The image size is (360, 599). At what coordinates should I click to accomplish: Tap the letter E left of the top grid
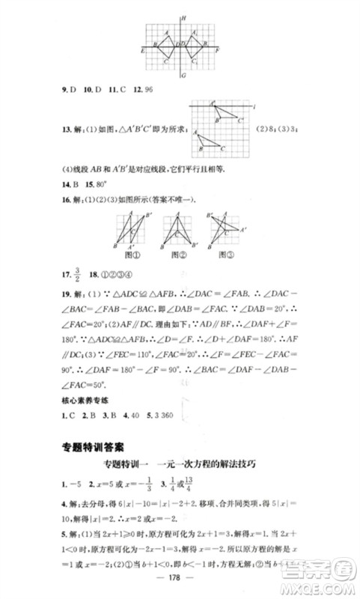tap(142, 49)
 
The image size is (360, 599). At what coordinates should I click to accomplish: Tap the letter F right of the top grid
tap(217, 49)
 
